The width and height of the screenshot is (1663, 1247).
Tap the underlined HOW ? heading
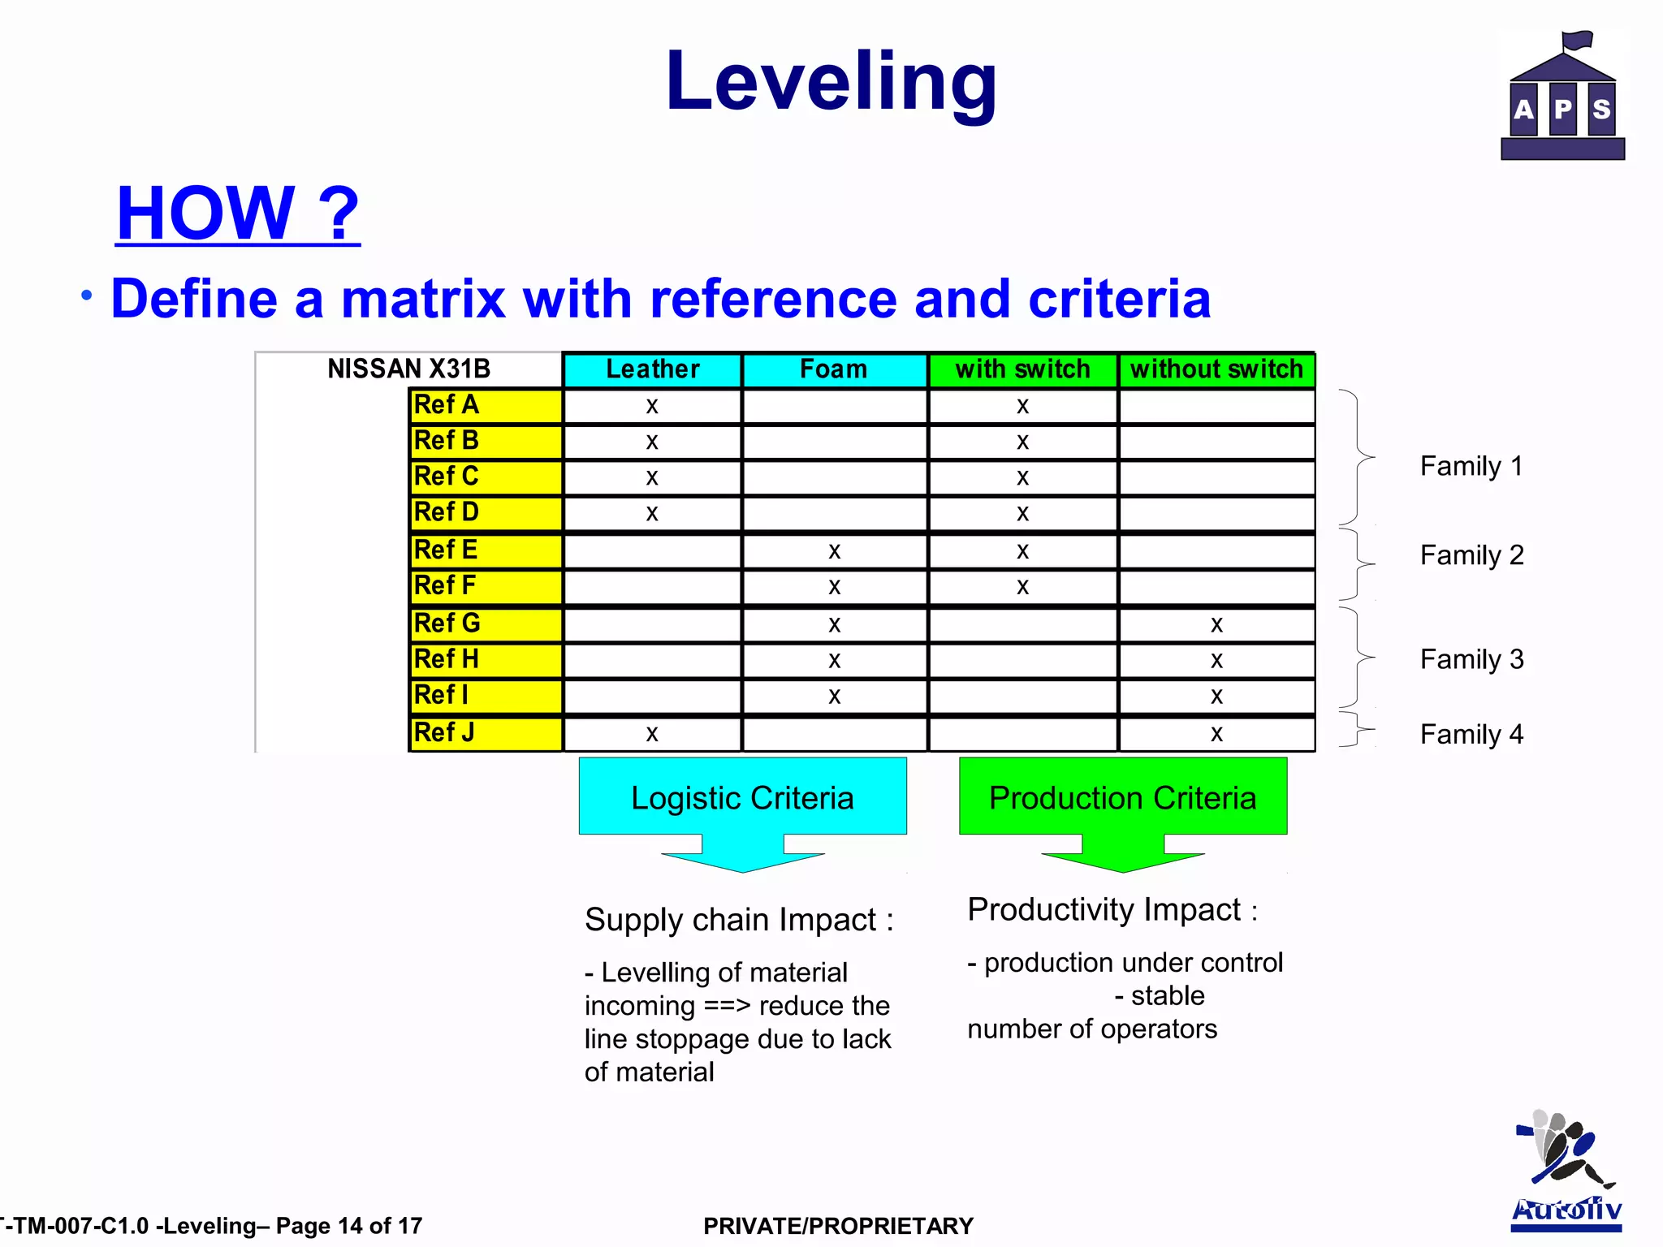[237, 213]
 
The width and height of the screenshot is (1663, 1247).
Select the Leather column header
[652, 369]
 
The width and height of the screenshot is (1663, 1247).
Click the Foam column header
[834, 369]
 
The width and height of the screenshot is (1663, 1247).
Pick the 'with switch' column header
[1022, 369]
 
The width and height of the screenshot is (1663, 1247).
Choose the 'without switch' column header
[1216, 369]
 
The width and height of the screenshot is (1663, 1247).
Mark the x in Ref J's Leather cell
[652, 734]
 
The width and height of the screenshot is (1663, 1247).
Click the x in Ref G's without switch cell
[1216, 624]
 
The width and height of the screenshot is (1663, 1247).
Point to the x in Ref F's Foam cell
[834, 587]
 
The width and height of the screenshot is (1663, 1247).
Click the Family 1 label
[1471, 466]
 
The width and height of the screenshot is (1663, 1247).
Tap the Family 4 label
[1471, 734]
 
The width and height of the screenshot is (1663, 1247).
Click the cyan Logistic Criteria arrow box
[742, 799]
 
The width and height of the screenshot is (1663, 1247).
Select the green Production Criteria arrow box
[1122, 799]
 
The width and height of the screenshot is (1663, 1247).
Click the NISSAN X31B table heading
[408, 369]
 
